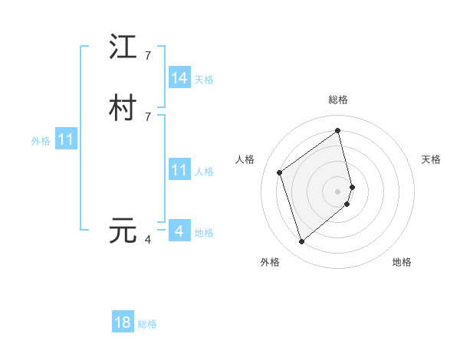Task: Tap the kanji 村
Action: [x=123, y=108]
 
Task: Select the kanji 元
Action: [x=123, y=231]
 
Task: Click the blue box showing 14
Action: [x=179, y=78]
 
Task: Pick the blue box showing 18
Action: [x=123, y=322]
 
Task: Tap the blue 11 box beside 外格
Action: [x=66, y=140]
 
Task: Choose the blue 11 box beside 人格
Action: [x=179, y=170]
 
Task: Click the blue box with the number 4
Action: [x=179, y=231]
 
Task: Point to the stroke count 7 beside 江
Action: [x=148, y=56]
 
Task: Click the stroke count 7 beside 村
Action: [x=148, y=116]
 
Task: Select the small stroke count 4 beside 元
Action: [x=148, y=240]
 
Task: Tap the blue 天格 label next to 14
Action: [x=204, y=80]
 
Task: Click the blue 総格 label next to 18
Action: [x=147, y=324]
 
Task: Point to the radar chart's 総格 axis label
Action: [x=338, y=100]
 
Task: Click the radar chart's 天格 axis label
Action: [x=431, y=159]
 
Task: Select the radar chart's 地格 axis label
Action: [x=402, y=262]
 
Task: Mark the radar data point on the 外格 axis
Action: [x=301, y=242]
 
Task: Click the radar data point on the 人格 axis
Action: [x=280, y=172]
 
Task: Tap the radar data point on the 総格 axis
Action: [x=338, y=130]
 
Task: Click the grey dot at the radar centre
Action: [x=338, y=191]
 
